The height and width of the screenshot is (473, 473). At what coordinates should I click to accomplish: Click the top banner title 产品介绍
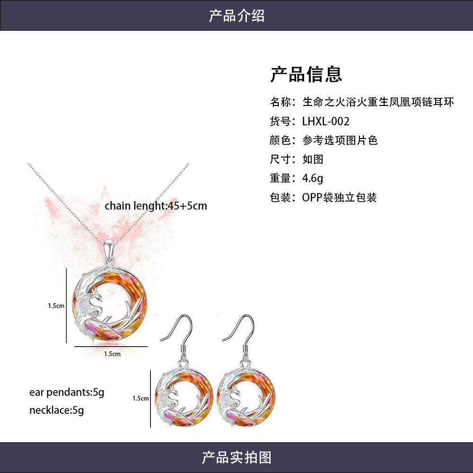pyautogui.click(x=236, y=16)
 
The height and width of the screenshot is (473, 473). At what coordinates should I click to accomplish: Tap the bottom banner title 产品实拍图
pyautogui.click(x=236, y=457)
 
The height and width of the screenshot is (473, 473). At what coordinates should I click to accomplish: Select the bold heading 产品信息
pyautogui.click(x=306, y=74)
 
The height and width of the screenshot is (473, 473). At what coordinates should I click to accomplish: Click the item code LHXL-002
pyautogui.click(x=326, y=121)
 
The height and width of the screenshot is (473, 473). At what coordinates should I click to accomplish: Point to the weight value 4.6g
pyautogui.click(x=313, y=178)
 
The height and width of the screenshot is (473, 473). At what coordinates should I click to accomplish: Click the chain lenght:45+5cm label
pyautogui.click(x=156, y=206)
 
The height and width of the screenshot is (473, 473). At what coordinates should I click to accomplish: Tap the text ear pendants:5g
pyautogui.click(x=66, y=392)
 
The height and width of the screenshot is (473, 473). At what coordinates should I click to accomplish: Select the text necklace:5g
pyautogui.click(x=56, y=410)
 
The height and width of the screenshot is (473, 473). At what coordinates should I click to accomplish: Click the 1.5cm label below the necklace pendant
pyautogui.click(x=112, y=353)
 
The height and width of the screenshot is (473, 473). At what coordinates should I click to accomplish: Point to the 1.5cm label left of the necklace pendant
pyautogui.click(x=56, y=306)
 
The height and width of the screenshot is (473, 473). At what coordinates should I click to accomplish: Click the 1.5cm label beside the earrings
pyautogui.click(x=140, y=398)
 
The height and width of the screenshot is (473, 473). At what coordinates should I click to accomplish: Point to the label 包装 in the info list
pyautogui.click(x=280, y=197)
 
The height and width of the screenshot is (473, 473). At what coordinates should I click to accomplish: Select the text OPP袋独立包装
pyautogui.click(x=339, y=197)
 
